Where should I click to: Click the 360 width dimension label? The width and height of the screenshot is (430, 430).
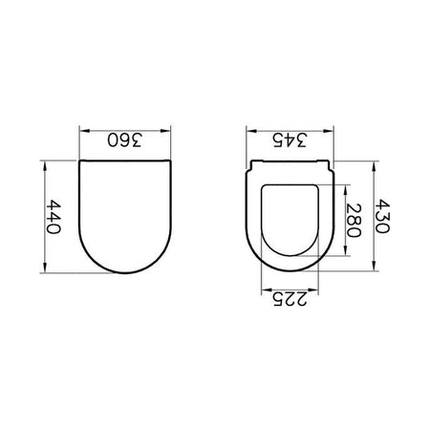(x=124, y=140)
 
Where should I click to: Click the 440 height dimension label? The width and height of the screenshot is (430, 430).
(x=53, y=217)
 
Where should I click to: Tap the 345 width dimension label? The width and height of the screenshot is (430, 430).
(x=290, y=140)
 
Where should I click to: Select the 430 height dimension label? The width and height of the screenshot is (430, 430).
(x=381, y=216)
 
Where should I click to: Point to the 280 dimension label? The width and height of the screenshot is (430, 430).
(x=354, y=221)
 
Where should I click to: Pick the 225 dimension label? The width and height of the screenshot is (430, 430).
(x=290, y=299)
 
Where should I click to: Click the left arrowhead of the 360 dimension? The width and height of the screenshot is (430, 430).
(x=84, y=131)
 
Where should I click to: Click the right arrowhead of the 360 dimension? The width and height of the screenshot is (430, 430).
(x=165, y=131)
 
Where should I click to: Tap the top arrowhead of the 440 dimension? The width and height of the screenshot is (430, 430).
(x=45, y=166)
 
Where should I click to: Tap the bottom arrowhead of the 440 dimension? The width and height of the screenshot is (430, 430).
(x=45, y=268)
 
